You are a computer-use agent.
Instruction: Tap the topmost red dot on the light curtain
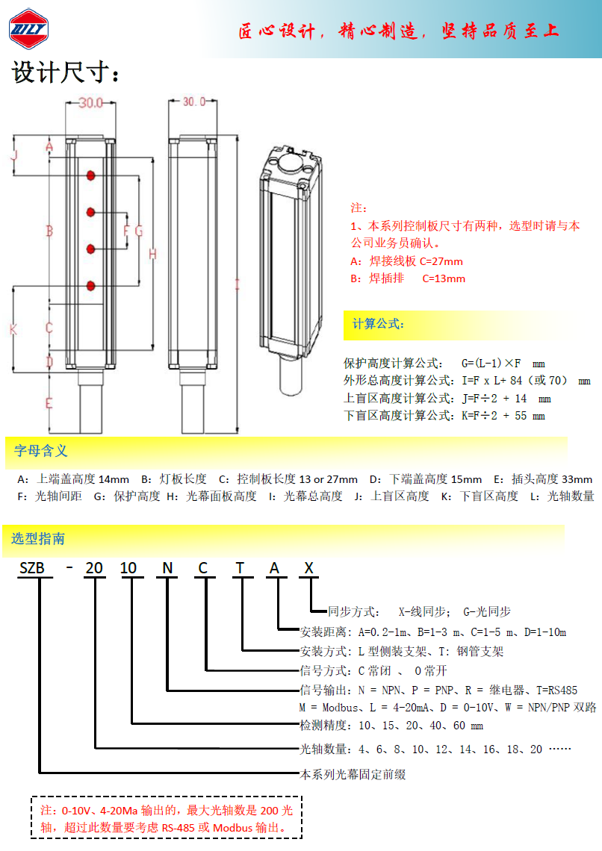tap(91, 175)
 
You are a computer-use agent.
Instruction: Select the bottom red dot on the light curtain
tap(91, 285)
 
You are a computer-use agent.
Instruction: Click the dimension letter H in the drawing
tap(152, 255)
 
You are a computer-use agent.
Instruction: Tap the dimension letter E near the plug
tap(49, 404)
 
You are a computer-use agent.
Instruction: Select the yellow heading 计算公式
tap(379, 324)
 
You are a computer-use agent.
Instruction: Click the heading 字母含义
tap(41, 451)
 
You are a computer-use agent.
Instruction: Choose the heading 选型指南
tap(38, 539)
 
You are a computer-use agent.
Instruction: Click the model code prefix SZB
tap(32, 568)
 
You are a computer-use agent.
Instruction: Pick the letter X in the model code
tap(308, 568)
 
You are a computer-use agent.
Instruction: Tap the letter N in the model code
tap(167, 568)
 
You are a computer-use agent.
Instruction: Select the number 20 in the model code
tap(94, 568)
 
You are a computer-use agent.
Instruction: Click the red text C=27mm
tap(441, 261)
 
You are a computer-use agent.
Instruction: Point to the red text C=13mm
tap(444, 278)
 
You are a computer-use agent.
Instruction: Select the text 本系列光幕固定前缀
tap(353, 774)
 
